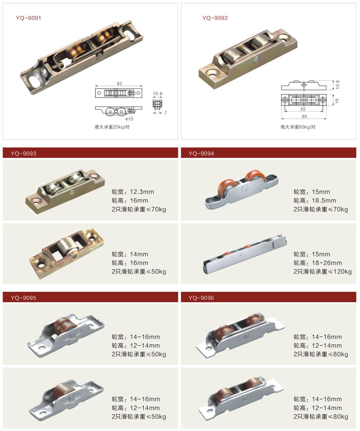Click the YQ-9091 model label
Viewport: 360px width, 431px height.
click(x=28, y=18)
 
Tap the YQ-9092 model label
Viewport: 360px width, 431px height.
click(x=215, y=18)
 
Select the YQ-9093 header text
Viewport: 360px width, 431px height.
click(x=23, y=153)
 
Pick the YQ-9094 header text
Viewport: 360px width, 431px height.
click(x=201, y=153)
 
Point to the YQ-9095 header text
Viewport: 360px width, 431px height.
click(x=23, y=298)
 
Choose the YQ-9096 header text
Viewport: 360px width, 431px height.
click(x=201, y=298)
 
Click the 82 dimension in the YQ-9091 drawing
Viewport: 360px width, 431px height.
click(x=119, y=83)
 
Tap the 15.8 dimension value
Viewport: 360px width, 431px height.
click(x=157, y=94)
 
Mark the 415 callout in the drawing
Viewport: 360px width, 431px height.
click(x=129, y=119)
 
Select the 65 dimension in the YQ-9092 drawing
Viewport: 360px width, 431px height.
click(x=304, y=116)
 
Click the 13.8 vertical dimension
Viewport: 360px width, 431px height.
click(x=337, y=84)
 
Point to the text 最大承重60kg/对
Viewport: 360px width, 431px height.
click(x=298, y=127)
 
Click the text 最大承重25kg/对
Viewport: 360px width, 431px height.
click(x=112, y=127)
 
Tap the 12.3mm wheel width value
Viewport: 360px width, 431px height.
click(x=142, y=192)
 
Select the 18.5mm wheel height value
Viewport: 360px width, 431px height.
click(x=324, y=201)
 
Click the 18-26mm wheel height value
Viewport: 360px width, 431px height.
click(x=327, y=263)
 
